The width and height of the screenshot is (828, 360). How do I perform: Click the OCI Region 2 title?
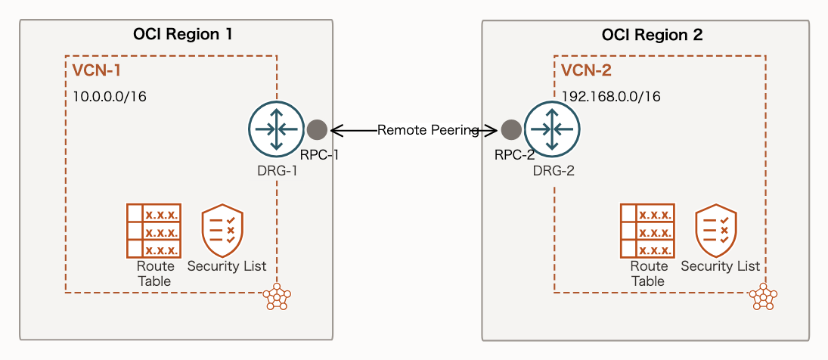click(652, 34)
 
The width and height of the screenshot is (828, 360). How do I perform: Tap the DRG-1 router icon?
click(277, 129)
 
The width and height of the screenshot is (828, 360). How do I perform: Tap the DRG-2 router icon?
click(552, 129)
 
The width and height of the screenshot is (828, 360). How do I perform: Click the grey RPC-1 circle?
click(317, 129)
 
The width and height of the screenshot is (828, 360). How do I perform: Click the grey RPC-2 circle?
click(511, 129)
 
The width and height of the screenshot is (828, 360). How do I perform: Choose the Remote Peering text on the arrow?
click(429, 130)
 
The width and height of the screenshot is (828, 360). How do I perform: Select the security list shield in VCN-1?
click(222, 231)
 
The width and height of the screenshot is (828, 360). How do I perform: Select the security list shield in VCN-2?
click(716, 229)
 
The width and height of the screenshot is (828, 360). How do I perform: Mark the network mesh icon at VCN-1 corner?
click(277, 298)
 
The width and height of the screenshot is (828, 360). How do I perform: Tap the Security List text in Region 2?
click(720, 266)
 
